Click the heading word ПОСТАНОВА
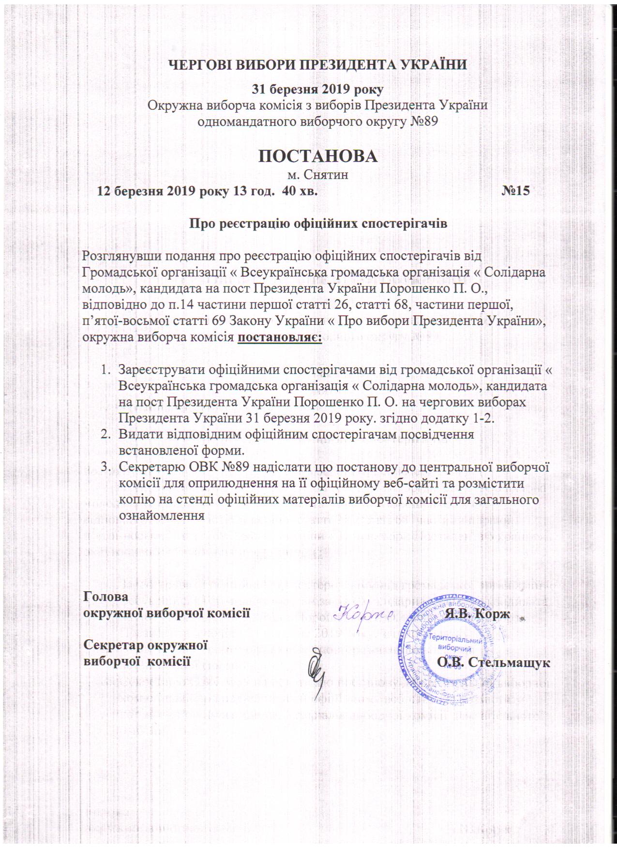317,155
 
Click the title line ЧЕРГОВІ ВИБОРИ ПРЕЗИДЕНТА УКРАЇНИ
317,64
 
